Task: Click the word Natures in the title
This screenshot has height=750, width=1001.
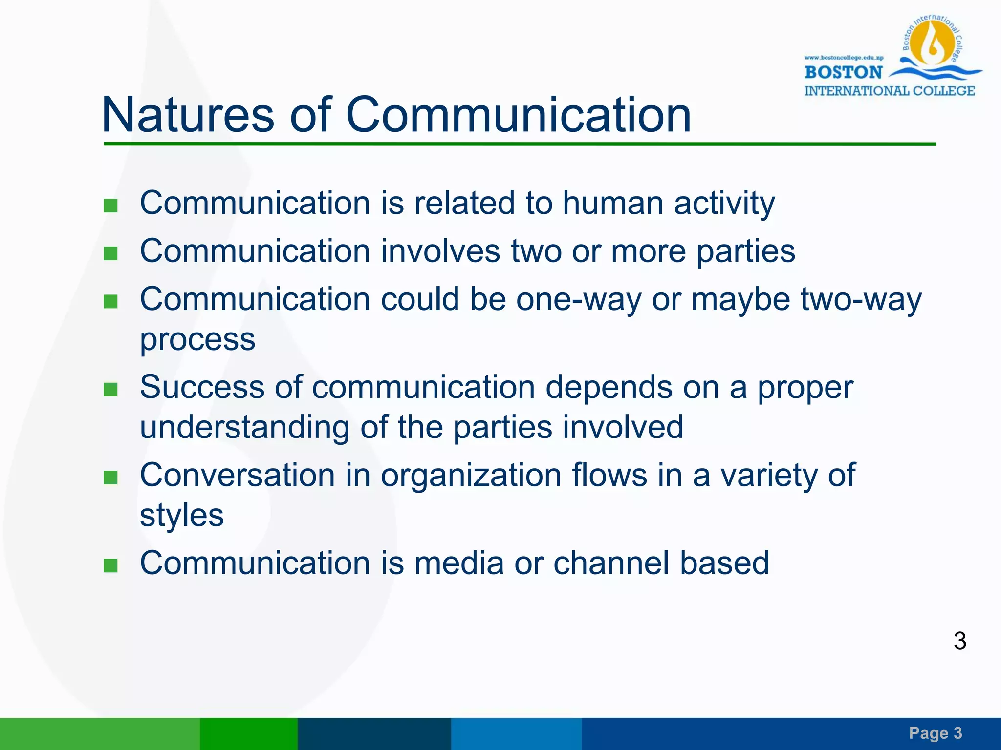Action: click(x=188, y=115)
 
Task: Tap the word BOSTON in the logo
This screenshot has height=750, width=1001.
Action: click(x=843, y=72)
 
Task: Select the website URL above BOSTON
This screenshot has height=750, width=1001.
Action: click(x=844, y=58)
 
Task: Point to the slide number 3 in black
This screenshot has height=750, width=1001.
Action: click(x=959, y=641)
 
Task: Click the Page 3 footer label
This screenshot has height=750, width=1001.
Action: click(x=935, y=733)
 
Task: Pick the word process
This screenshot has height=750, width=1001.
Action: click(x=197, y=339)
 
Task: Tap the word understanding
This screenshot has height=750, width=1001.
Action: click(x=244, y=427)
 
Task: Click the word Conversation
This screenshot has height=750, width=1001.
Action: click(x=237, y=475)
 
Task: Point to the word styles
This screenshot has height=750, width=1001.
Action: click(x=181, y=515)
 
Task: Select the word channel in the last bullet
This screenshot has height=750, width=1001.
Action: click(x=611, y=562)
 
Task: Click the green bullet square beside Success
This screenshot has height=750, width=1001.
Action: click(x=111, y=389)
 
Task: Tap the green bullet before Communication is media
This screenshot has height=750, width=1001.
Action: click(x=111, y=565)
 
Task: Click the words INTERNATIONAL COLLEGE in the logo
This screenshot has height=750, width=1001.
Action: click(x=889, y=91)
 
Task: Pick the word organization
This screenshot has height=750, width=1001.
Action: click(x=471, y=475)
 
